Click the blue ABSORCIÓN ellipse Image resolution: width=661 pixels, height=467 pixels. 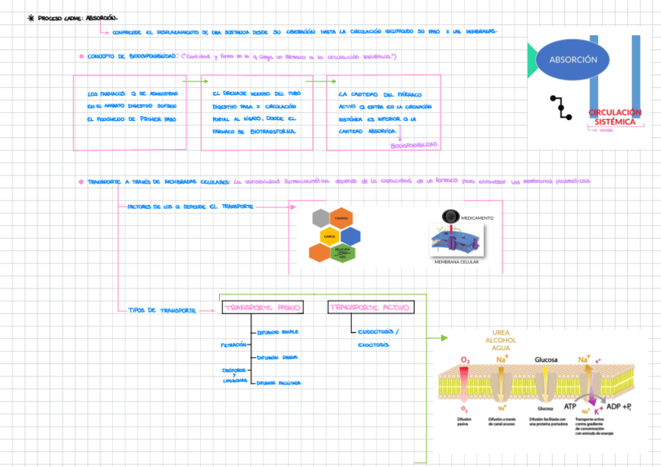(x=573, y=60)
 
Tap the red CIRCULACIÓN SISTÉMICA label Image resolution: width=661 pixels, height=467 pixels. (x=615, y=117)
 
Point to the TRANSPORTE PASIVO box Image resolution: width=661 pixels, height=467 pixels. (x=262, y=307)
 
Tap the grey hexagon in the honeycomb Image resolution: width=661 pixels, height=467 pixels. (x=320, y=218)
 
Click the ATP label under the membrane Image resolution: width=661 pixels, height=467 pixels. (x=570, y=406)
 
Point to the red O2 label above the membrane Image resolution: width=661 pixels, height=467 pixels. (x=465, y=359)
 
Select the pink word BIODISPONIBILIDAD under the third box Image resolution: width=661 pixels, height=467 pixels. (x=414, y=145)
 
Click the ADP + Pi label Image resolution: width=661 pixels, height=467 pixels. (x=619, y=406)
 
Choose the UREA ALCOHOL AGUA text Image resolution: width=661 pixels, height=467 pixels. (x=502, y=340)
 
